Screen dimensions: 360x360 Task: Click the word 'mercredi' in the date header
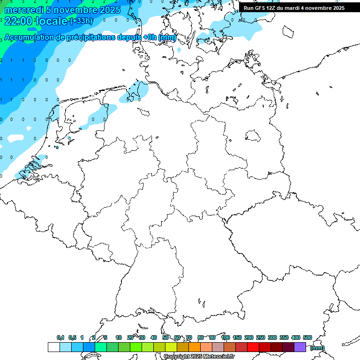pyautogui.click(x=23, y=10)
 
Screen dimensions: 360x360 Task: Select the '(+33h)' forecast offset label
pyautogui.click(x=81, y=21)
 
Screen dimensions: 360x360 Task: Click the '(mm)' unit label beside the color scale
pyautogui.click(x=317, y=348)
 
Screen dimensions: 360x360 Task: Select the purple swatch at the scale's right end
pyautogui.click(x=300, y=347)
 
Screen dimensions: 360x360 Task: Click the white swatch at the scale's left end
pyautogui.click(x=53, y=347)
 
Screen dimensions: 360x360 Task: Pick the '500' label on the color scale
pyautogui.click(x=307, y=337)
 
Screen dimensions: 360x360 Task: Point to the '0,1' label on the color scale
pyautogui.click(x=60, y=337)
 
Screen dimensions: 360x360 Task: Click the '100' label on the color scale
pyautogui.click(x=225, y=337)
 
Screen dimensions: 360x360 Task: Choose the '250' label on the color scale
pyautogui.click(x=261, y=337)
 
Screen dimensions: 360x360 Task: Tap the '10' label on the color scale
pyautogui.click(x=119, y=337)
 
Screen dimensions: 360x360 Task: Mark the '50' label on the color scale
pyautogui.click(x=165, y=337)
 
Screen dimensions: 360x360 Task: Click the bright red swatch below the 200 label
pyautogui.click(x=253, y=347)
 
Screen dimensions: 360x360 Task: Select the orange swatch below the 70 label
pyautogui.click(x=195, y=347)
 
